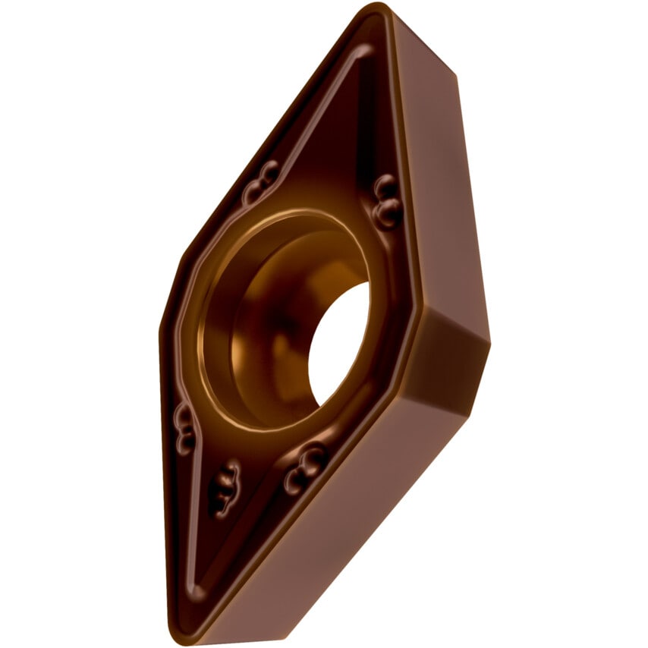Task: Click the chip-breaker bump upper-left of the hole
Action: coord(260,182)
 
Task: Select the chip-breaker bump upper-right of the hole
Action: coord(386,201)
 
